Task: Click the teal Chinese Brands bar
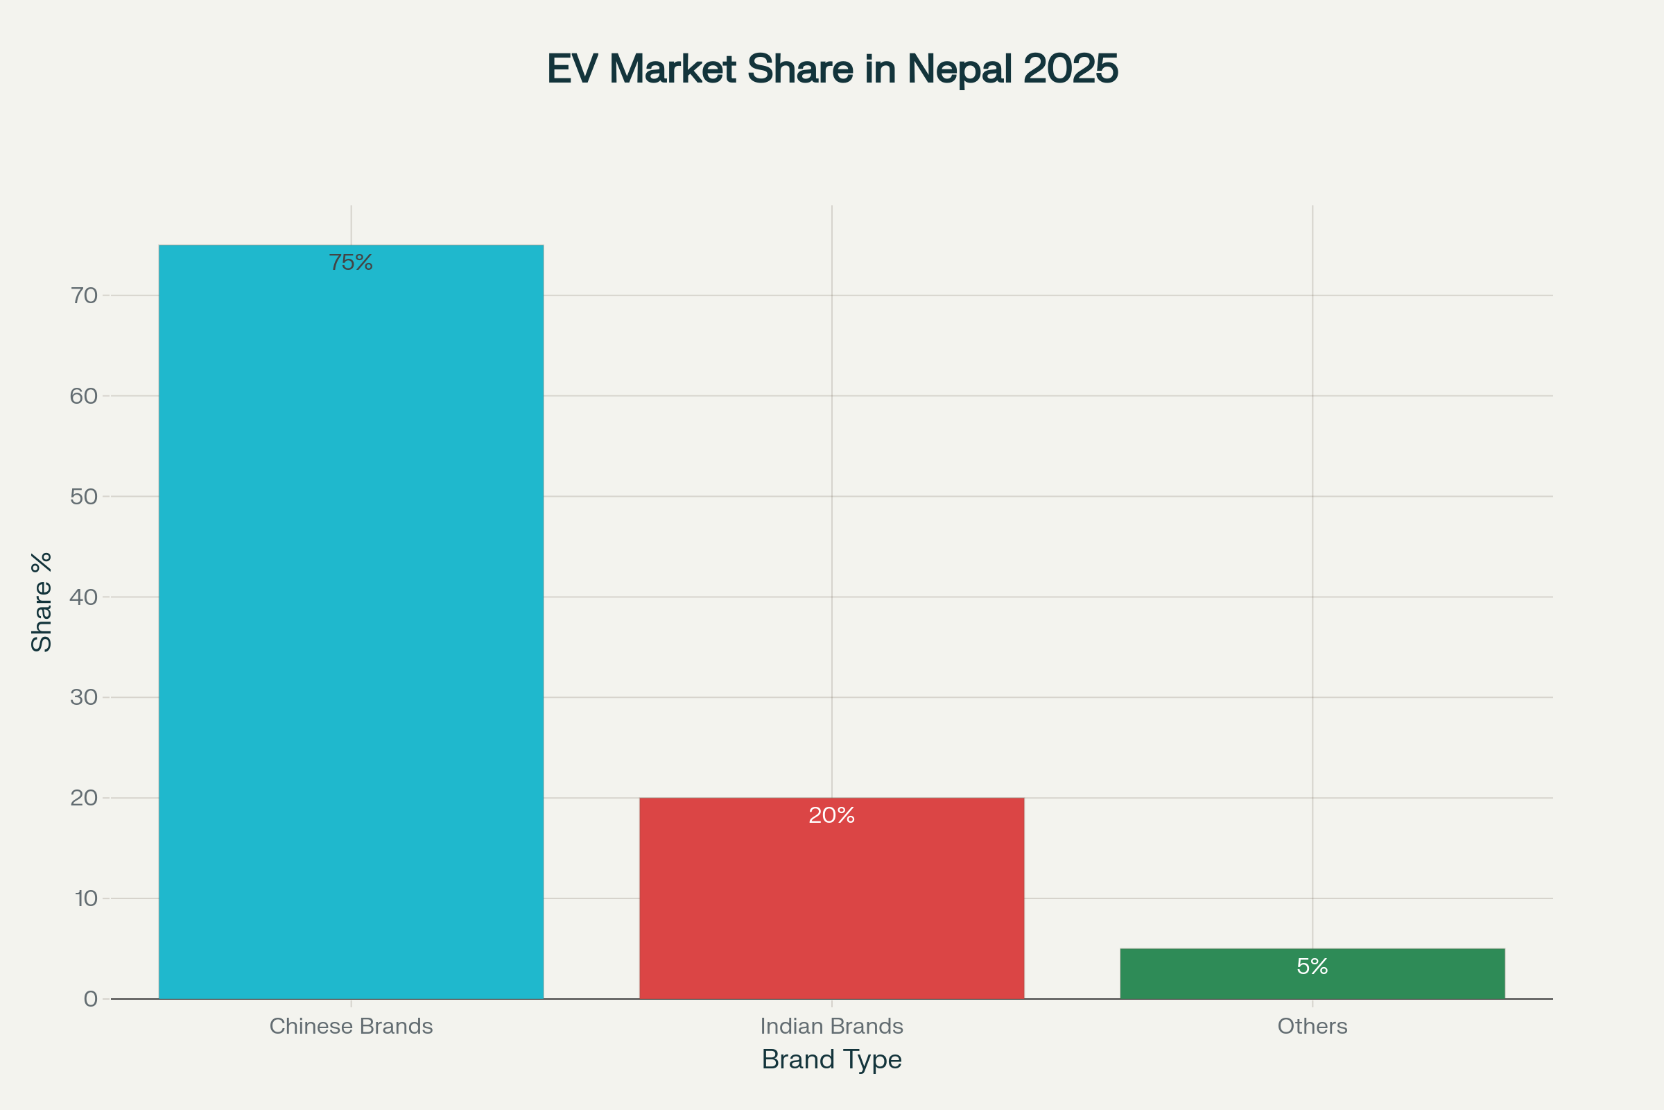[351, 623]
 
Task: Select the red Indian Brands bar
[831, 906]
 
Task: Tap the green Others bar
[1312, 984]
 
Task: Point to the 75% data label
[351, 263]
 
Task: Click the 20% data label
[831, 816]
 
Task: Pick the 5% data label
[1312, 966]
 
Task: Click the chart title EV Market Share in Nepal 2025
[832, 69]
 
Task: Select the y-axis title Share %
[42, 601]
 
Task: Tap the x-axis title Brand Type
[831, 1060]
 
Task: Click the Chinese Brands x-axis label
[351, 1026]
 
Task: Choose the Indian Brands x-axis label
[831, 1026]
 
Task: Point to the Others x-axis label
[1312, 1026]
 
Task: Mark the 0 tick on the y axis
[91, 999]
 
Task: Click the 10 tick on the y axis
[85, 898]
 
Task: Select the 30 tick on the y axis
[83, 697]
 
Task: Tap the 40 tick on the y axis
[83, 597]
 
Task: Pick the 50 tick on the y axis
[83, 496]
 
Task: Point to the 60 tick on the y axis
[83, 395]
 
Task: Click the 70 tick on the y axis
[83, 296]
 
